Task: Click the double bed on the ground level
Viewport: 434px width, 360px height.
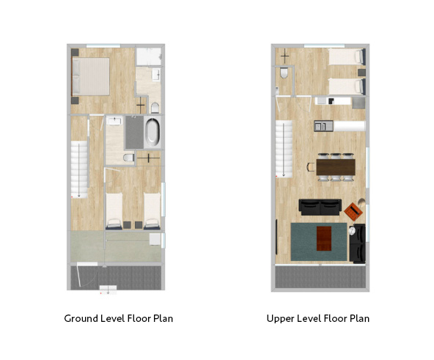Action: (x=91, y=76)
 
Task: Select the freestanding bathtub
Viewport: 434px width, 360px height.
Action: (x=152, y=133)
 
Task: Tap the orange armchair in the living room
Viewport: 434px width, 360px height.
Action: (x=353, y=212)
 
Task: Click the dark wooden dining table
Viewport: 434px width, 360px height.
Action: (x=336, y=167)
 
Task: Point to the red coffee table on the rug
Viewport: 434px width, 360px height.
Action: (x=324, y=238)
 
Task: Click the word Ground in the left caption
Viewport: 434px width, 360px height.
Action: (x=81, y=318)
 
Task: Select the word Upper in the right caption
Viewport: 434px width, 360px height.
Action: (x=279, y=319)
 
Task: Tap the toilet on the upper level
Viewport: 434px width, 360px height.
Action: (x=284, y=73)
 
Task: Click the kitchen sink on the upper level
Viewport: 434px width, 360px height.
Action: (x=323, y=126)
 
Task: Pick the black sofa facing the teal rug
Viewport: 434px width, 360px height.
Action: (x=320, y=207)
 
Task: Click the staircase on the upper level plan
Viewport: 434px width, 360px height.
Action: (x=284, y=149)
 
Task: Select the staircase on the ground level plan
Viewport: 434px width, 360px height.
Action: (x=79, y=169)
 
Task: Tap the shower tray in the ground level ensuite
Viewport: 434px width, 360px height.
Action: (x=149, y=56)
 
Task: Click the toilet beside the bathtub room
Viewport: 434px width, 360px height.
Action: (x=129, y=158)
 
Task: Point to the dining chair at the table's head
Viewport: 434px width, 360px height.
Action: (x=311, y=167)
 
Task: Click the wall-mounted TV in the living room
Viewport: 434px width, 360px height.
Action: (x=276, y=237)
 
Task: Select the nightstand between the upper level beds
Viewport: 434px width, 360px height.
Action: (x=361, y=73)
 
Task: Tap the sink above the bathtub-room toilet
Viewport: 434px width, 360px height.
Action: (x=114, y=121)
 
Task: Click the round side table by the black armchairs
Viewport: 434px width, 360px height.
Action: (x=352, y=230)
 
